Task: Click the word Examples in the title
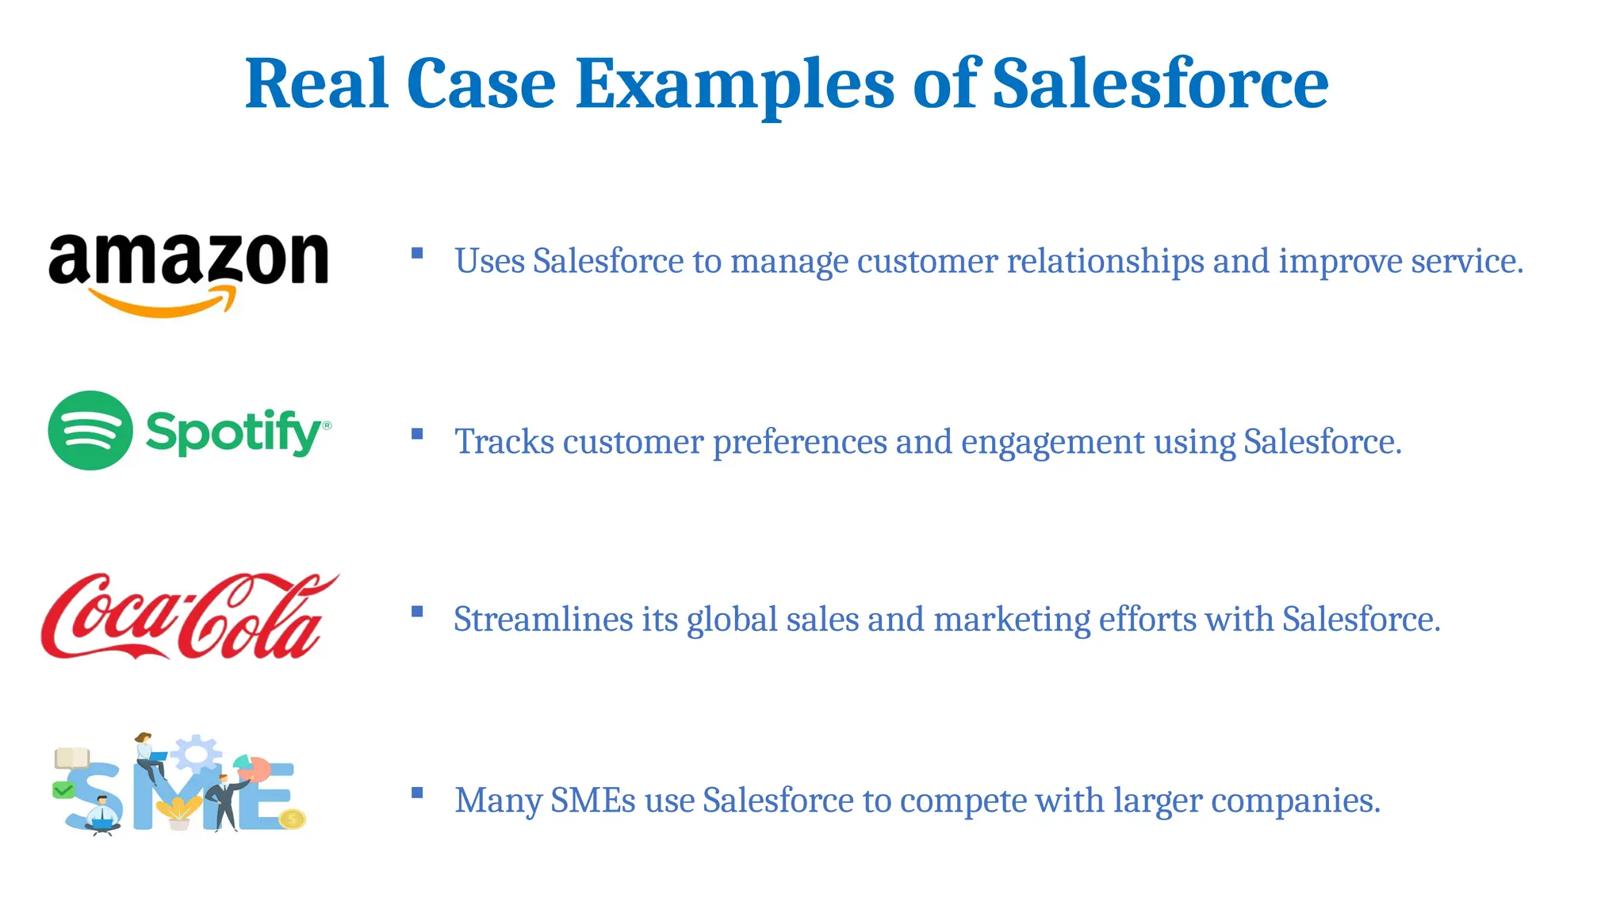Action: pyautogui.click(x=734, y=84)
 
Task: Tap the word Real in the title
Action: pyautogui.click(x=316, y=84)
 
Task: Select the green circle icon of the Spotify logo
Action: pyautogui.click(x=90, y=431)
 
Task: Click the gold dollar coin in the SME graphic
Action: pyautogui.click(x=293, y=818)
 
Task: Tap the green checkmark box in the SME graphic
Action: pyautogui.click(x=63, y=790)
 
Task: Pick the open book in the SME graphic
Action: pyautogui.click(x=72, y=758)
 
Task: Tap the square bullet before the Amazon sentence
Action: pyautogui.click(x=417, y=254)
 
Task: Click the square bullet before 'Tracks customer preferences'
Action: pyautogui.click(x=417, y=434)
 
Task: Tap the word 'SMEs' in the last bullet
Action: pyautogui.click(x=592, y=801)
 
